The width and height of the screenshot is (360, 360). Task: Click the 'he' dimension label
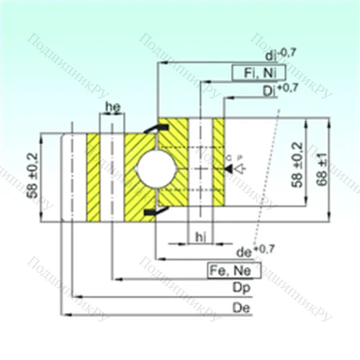point(112,107)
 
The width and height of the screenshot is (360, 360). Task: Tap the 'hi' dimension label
point(199,235)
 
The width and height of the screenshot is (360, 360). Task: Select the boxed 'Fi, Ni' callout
point(257,72)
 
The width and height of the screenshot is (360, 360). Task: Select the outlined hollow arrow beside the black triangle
point(240,169)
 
